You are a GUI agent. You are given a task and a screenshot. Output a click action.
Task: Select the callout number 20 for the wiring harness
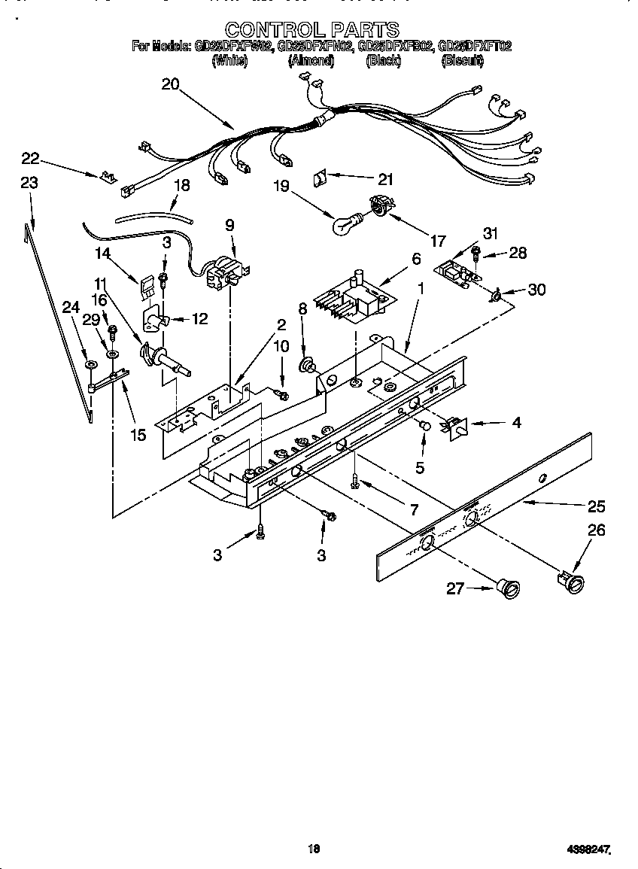pyautogui.click(x=170, y=84)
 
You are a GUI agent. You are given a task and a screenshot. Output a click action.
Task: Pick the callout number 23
pyautogui.click(x=29, y=183)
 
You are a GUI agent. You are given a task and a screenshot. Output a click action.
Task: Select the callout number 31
pyautogui.click(x=491, y=234)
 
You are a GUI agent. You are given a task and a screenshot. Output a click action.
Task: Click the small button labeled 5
pyautogui.click(x=424, y=426)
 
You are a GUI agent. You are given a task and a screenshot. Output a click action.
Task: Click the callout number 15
pyautogui.click(x=138, y=435)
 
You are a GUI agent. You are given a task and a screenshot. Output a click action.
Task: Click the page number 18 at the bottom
pyautogui.click(x=314, y=849)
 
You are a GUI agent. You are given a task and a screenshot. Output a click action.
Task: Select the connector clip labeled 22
pyautogui.click(x=108, y=178)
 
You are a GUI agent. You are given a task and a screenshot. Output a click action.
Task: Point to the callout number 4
pyautogui.click(x=516, y=423)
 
